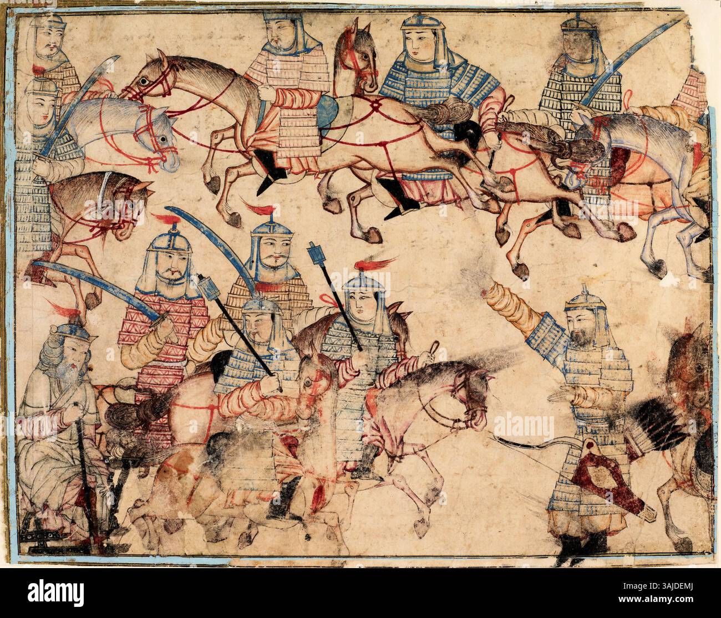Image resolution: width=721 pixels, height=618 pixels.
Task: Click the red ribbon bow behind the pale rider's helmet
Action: (x=333, y=300)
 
